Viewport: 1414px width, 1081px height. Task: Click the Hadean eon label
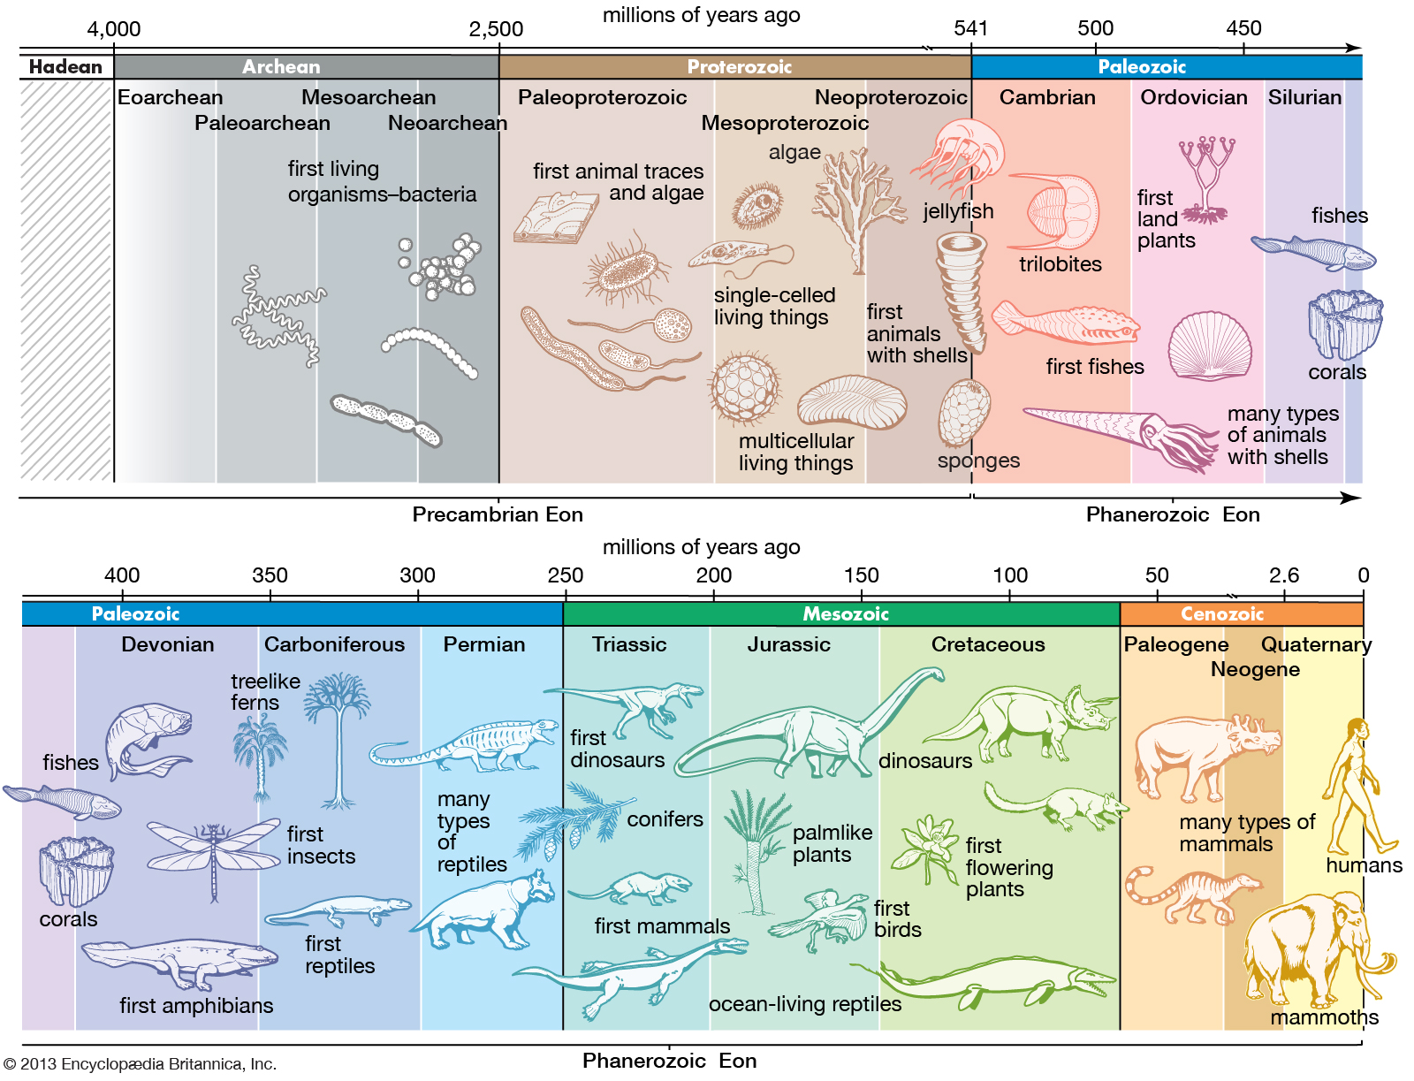tap(65, 67)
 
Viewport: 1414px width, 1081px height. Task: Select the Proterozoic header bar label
tap(739, 67)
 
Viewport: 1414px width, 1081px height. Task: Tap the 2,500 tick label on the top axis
tap(496, 29)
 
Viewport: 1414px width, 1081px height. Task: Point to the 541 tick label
tap(970, 28)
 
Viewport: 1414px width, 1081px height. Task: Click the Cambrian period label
tap(1047, 97)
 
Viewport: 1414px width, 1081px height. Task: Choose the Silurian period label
tap(1304, 97)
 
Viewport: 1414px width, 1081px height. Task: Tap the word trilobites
tap(1060, 264)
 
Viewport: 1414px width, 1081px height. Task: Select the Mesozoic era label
tap(845, 613)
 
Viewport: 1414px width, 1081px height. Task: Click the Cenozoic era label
tap(1222, 613)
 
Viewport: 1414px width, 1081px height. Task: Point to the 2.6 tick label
tap(1283, 575)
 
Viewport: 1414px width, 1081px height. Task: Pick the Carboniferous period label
tap(334, 644)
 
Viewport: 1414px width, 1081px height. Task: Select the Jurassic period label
tap(788, 644)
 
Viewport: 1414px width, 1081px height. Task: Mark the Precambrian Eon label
tap(498, 514)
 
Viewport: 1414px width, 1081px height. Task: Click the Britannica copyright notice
tap(140, 1064)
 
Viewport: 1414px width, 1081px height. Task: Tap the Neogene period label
tap(1255, 669)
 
